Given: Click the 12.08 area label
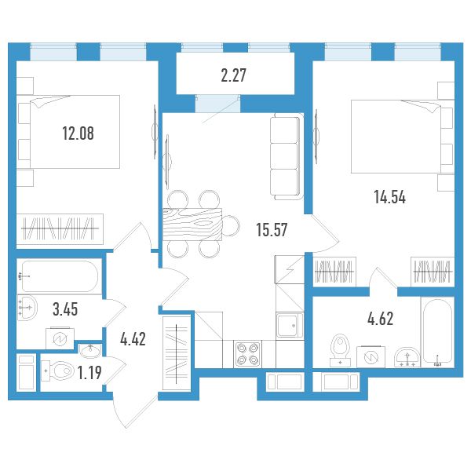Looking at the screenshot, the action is pos(78,133).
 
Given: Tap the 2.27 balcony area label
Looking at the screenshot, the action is pos(233,75).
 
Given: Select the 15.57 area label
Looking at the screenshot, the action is pos(272,230).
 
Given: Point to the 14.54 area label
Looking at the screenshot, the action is pos(390,197).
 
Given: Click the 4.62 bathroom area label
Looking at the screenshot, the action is pos(380,319).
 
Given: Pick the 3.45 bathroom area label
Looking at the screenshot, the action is pos(65,309).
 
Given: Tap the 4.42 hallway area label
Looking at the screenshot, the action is pos(133,339).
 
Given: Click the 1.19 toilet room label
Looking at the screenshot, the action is pos(89,373).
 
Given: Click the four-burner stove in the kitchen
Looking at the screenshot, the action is pos(247,353).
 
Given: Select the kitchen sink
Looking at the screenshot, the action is pos(290,326).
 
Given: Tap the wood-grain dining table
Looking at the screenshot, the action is pos(192,225).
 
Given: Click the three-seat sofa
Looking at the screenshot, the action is pos(287,156).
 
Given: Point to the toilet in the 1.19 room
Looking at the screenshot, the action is pos(57,371).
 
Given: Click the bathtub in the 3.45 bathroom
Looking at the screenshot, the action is pos(60,276).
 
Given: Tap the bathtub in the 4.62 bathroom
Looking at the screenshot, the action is pos(437,332).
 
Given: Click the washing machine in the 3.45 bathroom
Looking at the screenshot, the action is pos(60,338).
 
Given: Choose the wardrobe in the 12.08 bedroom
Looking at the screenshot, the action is pos(60,229).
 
